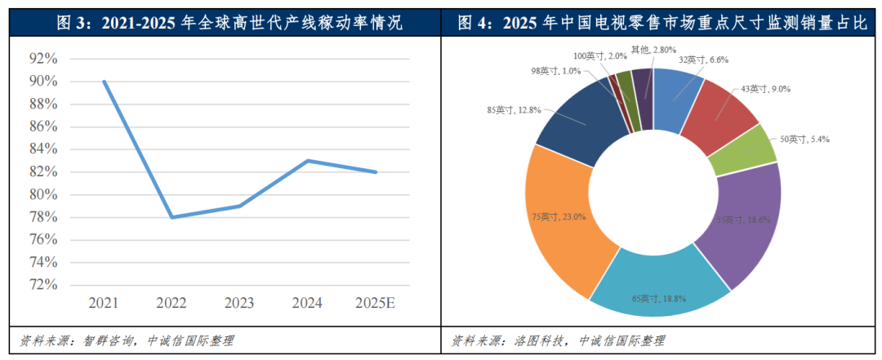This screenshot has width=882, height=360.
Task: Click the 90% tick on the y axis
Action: point(42,82)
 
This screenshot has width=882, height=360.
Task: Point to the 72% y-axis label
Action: point(42,285)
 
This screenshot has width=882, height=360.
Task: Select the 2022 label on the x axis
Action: point(172,303)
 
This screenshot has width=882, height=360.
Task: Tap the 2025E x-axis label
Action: point(376,303)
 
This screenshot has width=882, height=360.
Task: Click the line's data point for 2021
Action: point(105,82)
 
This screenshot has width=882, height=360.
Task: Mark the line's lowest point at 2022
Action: point(172,217)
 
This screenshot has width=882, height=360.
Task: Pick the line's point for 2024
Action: point(309,161)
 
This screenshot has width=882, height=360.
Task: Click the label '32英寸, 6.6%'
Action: point(702,60)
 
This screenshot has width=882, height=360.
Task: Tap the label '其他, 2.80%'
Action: point(650,49)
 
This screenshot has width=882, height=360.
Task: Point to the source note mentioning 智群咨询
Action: point(127,340)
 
